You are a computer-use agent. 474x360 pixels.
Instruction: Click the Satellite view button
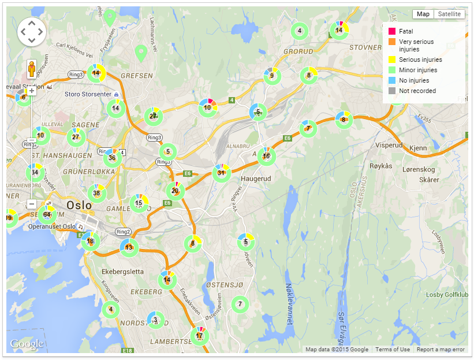(x=449, y=14)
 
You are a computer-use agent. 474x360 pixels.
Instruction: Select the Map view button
(x=423, y=14)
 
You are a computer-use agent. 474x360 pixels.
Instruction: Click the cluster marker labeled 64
(x=47, y=215)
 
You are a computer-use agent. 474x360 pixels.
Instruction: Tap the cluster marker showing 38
(x=96, y=194)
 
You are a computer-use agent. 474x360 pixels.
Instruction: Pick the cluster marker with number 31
(x=221, y=173)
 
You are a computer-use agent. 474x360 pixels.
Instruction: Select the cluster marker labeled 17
(x=199, y=336)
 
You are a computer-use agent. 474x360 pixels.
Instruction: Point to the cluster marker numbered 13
(x=129, y=247)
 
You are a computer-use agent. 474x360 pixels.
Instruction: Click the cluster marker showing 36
(x=112, y=158)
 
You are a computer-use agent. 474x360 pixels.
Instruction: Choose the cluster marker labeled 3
(x=155, y=320)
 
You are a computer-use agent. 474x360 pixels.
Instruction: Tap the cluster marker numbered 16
(x=266, y=156)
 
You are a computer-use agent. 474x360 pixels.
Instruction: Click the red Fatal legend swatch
(x=391, y=31)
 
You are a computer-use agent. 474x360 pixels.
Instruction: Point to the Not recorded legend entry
(x=417, y=91)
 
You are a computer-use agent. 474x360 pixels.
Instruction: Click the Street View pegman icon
(x=32, y=69)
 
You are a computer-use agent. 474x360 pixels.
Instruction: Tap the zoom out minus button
(x=32, y=204)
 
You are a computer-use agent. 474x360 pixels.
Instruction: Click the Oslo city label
(x=79, y=205)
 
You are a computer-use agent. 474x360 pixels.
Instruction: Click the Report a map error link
(x=441, y=350)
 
